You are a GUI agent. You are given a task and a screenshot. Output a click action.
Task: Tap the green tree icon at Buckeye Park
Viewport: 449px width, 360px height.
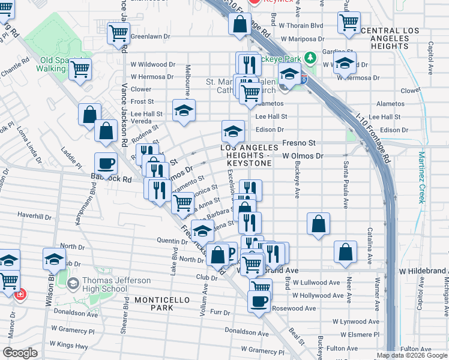pyautogui.click(x=310, y=58)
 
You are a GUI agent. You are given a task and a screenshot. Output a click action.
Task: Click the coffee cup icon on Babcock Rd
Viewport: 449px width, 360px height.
pyautogui.click(x=106, y=163)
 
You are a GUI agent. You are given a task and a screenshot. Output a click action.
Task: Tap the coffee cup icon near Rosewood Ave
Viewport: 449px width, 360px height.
pyautogui.click(x=259, y=302)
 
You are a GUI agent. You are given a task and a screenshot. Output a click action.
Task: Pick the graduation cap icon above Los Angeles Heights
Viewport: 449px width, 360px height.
pyautogui.click(x=233, y=131)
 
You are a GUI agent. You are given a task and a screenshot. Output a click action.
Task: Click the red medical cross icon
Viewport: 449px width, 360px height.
pyautogui.click(x=20, y=295)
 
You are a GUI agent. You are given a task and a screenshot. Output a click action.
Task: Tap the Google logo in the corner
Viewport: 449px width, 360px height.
pyautogui.click(x=20, y=353)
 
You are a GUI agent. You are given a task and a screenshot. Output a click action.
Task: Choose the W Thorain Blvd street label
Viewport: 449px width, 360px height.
pyautogui.click(x=303, y=26)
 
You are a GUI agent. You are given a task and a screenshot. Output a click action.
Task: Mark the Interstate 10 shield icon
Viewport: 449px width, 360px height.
pyautogui.click(x=304, y=79)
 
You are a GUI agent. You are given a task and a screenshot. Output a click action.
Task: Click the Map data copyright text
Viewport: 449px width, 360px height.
pyautogui.click(x=411, y=355)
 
